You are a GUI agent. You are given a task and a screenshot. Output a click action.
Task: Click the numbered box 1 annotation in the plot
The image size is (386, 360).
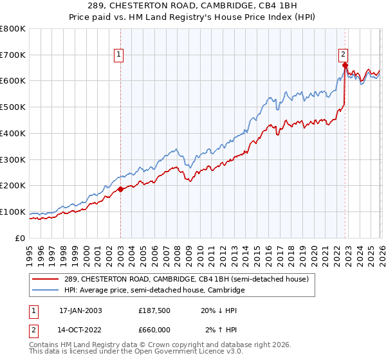point(120,55)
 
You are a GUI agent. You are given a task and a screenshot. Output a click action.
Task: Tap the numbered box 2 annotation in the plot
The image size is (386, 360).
point(344,55)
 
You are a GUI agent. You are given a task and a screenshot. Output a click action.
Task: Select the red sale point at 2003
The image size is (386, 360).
point(120,189)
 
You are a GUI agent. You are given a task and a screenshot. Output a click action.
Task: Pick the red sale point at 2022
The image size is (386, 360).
point(345,65)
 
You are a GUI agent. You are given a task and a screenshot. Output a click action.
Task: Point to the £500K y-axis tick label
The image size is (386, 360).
point(13,107)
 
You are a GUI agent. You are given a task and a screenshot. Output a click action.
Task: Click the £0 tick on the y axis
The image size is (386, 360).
point(19,239)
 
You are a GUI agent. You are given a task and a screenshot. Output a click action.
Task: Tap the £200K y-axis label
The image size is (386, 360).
point(13,186)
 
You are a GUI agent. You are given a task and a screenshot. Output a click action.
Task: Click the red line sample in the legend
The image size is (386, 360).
point(46,279)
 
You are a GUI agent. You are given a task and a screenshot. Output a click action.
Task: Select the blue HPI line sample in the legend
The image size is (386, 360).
point(46,291)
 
